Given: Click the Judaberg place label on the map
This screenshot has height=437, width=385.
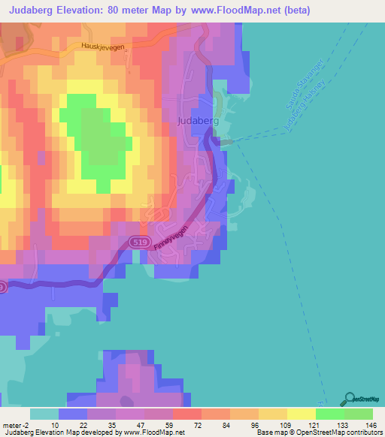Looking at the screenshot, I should click(199, 120).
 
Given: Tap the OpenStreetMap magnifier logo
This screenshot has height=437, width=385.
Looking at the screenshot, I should click(350, 398).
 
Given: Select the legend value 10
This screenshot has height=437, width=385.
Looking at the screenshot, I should click(55, 424).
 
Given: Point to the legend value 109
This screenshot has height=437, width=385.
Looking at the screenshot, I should click(283, 424).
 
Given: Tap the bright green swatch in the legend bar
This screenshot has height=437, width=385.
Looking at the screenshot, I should click(330, 414).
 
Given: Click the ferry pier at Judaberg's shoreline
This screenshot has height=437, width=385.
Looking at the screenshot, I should click(226, 141).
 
